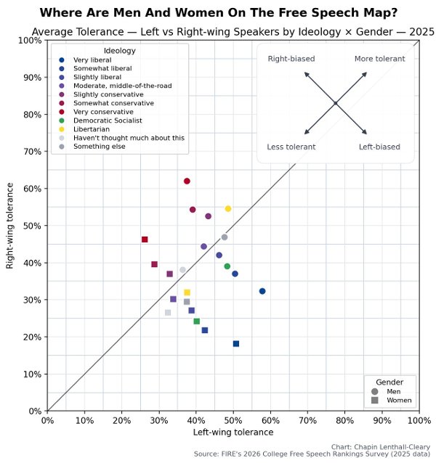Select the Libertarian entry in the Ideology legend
tap(89, 128)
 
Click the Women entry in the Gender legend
tap(398, 400)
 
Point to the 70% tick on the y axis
tap(31, 152)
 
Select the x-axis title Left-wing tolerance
tap(233, 433)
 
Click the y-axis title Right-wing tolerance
tap(10, 226)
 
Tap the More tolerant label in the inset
tap(379, 59)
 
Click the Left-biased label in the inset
tap(379, 147)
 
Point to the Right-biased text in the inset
tap(291, 59)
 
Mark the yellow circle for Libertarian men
tap(228, 208)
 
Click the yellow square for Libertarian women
tap(187, 292)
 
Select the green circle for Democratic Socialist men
tap(227, 266)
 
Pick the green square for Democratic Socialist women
tap(196, 321)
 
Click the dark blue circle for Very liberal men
tap(262, 291)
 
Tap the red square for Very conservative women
tap(145, 239)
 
